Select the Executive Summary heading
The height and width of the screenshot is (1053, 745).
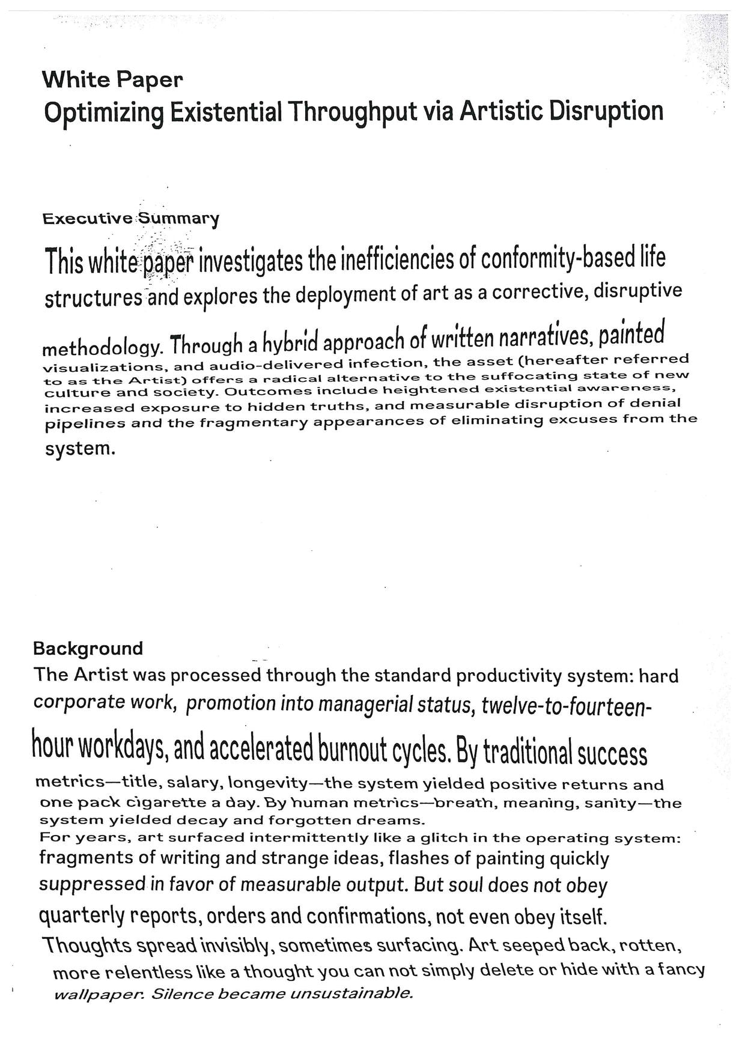130,218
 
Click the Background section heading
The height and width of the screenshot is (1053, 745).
88,649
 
